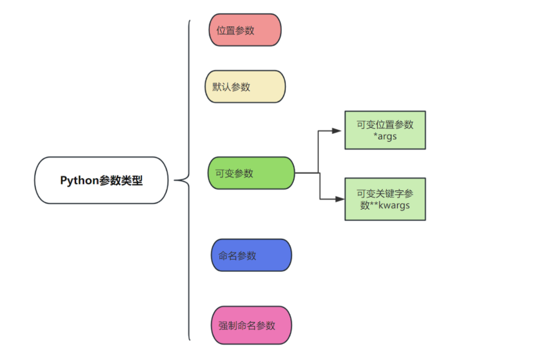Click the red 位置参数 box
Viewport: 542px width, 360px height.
point(245,30)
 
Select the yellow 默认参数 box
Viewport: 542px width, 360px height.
point(245,87)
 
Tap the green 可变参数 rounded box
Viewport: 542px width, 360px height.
point(251,173)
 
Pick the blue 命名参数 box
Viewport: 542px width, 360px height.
point(251,255)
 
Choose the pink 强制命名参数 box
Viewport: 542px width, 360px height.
point(251,325)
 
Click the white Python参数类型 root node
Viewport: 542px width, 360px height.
point(101,180)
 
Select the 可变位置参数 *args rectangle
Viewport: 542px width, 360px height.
point(385,130)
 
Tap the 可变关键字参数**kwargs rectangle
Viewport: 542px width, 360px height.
point(385,199)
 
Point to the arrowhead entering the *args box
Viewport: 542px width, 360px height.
point(340,130)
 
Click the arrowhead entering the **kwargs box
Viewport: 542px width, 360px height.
point(340,199)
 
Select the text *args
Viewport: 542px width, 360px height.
point(385,136)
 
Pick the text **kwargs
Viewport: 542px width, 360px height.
point(390,205)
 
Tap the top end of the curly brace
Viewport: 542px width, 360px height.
point(190,21)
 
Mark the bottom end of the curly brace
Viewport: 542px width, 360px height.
point(190,340)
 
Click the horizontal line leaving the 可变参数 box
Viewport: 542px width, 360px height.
point(307,173)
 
